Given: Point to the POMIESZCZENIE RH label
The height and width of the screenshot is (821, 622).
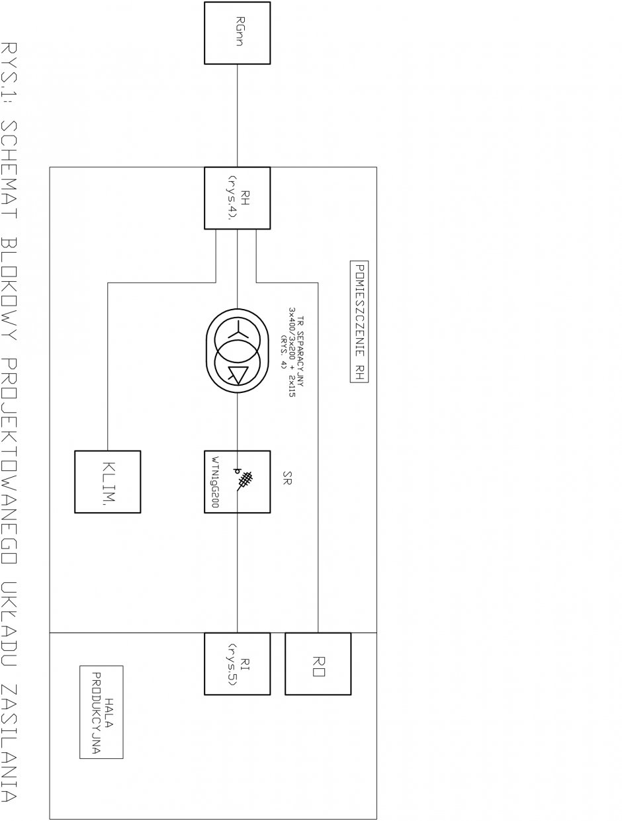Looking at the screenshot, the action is tap(359, 322).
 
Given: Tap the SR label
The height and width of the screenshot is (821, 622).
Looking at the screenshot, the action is tap(287, 478).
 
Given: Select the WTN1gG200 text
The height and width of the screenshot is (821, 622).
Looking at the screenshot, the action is tap(215, 482).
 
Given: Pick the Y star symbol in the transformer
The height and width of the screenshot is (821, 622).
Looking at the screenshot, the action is tap(237, 329).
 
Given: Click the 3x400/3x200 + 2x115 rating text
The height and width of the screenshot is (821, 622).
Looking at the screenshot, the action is tap(292, 352).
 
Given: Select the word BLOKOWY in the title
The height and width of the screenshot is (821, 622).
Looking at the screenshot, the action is tap(9, 288).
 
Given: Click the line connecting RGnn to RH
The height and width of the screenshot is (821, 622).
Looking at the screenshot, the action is tap(237, 116).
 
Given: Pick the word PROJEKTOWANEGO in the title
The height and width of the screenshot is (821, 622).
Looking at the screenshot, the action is tap(9, 465).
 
